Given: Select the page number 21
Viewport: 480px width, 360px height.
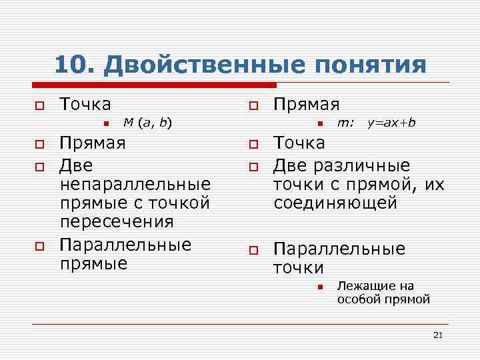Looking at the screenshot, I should (x=437, y=335).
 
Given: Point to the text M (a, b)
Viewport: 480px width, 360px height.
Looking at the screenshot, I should (x=148, y=122).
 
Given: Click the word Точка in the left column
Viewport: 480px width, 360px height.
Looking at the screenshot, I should (x=85, y=104).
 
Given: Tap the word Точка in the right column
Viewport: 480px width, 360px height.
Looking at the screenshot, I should (x=299, y=143).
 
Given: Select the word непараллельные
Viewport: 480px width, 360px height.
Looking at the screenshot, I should (x=135, y=183).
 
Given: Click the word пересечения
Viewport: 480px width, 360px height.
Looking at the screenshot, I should (x=117, y=221).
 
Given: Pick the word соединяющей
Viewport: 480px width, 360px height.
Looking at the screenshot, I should (x=335, y=202).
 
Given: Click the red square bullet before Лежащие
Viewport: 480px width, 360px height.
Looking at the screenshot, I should (x=319, y=287).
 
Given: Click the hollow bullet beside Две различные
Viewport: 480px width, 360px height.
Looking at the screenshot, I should (x=253, y=165).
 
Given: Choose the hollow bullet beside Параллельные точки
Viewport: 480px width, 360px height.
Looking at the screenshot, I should (x=253, y=250).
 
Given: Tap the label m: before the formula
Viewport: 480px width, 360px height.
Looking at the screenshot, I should (x=345, y=122).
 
